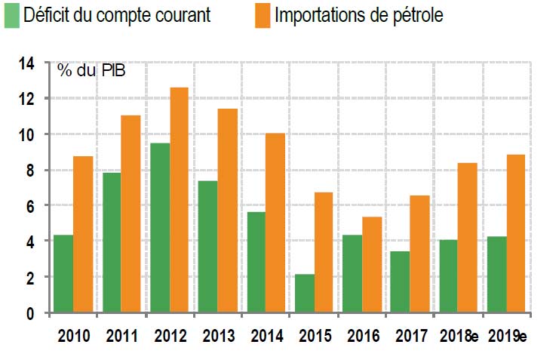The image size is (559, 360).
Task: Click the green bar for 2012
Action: [160, 227]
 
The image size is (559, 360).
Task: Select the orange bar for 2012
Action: [180, 199]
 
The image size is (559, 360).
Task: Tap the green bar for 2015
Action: [305, 293]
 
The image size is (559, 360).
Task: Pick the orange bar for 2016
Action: [373, 264]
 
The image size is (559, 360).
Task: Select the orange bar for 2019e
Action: [517, 233]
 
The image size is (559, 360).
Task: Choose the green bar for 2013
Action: [208, 246]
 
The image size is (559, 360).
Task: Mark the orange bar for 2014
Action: [276, 223]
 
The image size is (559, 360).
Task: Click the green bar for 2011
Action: [112, 242]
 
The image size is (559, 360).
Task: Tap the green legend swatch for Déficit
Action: [12, 15]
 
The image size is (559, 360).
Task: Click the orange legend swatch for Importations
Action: [262, 15]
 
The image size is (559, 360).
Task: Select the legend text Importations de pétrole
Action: [359, 15]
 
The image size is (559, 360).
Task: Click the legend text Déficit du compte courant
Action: [117, 15]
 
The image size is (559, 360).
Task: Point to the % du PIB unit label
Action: [91, 71]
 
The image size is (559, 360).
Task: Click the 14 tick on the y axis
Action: [27, 63]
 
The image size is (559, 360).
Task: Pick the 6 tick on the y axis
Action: [31, 205]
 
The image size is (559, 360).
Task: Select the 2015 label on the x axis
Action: [315, 336]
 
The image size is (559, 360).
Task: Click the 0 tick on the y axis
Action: [31, 312]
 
